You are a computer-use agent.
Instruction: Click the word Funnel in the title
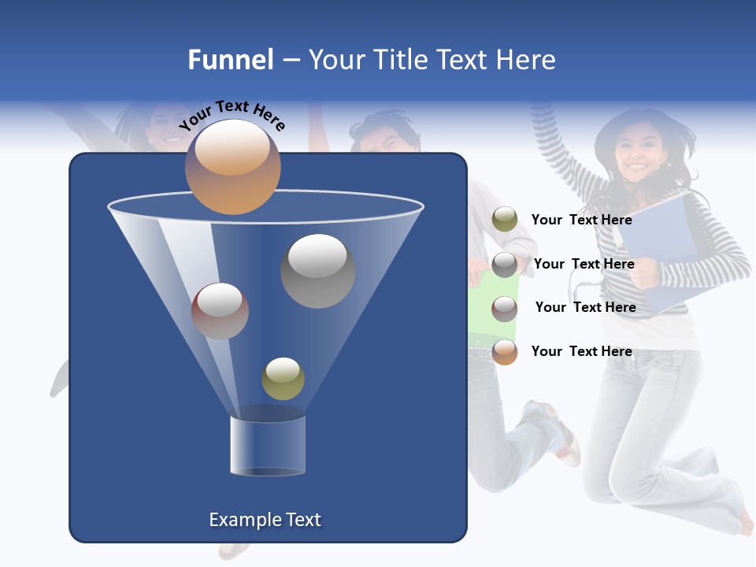click(230, 60)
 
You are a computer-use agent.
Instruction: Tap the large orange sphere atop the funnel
click(232, 166)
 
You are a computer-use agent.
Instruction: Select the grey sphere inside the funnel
click(317, 270)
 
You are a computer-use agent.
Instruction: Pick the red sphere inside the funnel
click(220, 310)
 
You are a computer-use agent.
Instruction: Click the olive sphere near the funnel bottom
click(283, 378)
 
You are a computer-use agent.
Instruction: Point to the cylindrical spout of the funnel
click(268, 445)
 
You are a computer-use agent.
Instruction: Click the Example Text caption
click(265, 520)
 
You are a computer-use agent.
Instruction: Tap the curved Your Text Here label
click(232, 116)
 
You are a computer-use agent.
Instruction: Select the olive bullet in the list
click(505, 219)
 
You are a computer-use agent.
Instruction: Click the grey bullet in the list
click(505, 264)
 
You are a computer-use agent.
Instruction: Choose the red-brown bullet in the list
click(505, 308)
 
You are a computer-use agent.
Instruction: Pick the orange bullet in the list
click(505, 352)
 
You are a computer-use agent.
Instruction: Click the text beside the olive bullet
click(581, 220)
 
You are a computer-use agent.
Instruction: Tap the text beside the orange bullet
click(581, 351)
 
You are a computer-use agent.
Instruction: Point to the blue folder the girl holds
click(658, 244)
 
